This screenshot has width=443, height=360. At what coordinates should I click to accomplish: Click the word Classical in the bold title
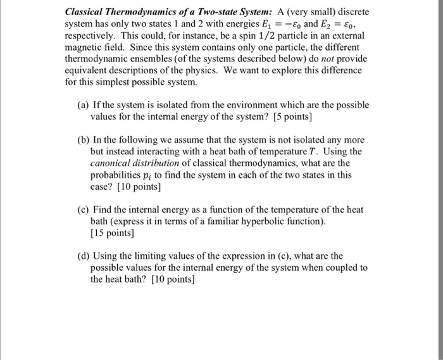[x=85, y=12]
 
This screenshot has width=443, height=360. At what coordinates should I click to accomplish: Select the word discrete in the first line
[x=351, y=12]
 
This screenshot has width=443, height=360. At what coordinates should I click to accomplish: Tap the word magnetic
[x=84, y=47]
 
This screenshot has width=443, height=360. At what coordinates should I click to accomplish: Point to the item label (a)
[x=82, y=106]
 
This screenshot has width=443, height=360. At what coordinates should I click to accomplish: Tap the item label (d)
[x=82, y=256]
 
